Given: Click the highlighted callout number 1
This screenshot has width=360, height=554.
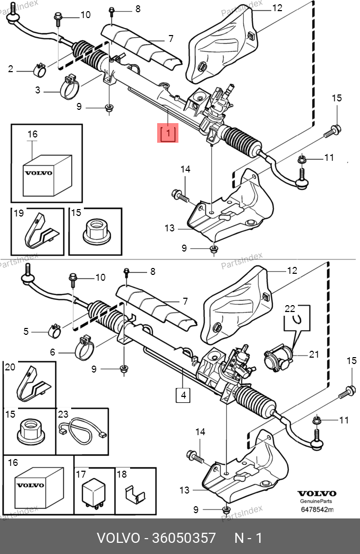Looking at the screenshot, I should pos(167,133).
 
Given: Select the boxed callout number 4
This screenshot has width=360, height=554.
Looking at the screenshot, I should pos(183,395).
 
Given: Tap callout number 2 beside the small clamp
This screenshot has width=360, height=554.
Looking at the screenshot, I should pos(11,68).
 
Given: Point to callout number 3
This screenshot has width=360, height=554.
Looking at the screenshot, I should pos(38,90).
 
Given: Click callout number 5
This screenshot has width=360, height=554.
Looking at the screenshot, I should pos(25,332).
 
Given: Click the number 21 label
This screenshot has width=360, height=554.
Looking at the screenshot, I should pos(314,354).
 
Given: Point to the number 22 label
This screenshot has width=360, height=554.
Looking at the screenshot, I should pos(289,308).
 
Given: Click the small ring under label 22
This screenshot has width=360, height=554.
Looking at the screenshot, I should pos(299,318).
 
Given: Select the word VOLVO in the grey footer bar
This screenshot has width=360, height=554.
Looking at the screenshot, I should pos(117,538).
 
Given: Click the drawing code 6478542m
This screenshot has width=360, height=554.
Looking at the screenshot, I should pos(316,510).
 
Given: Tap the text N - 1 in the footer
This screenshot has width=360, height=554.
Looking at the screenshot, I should pos(248,538).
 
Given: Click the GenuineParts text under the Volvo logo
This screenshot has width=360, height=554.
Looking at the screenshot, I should pos(316,501).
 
